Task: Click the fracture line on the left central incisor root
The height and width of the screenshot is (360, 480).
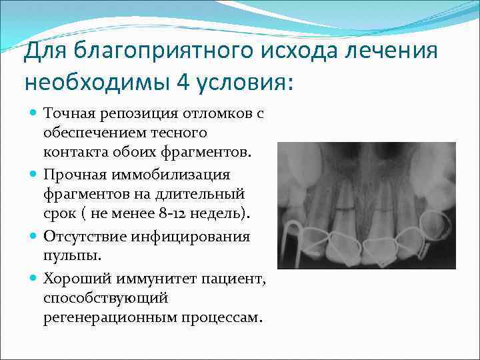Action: click(345, 208)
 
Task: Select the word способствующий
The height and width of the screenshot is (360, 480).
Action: click(95, 297)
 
